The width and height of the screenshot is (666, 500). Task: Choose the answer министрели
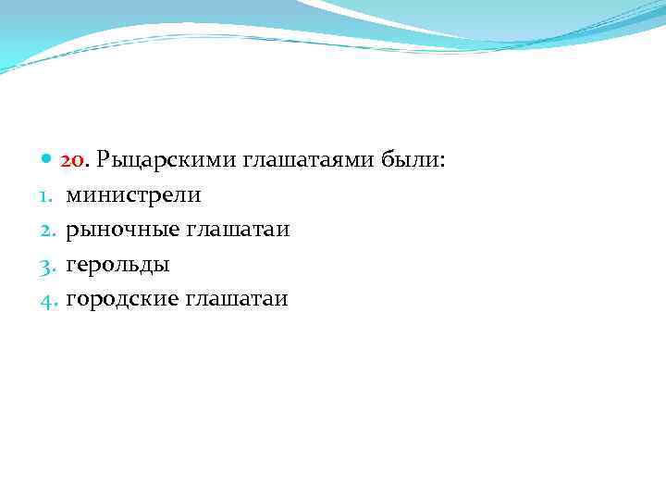(132, 195)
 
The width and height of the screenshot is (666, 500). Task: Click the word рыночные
(122, 230)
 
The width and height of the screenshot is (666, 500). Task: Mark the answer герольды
(117, 265)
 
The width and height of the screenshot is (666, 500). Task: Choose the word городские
(122, 299)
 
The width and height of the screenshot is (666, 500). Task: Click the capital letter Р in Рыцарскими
(103, 161)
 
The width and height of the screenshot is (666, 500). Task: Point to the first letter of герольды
(70, 266)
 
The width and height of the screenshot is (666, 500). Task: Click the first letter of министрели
(72, 196)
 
